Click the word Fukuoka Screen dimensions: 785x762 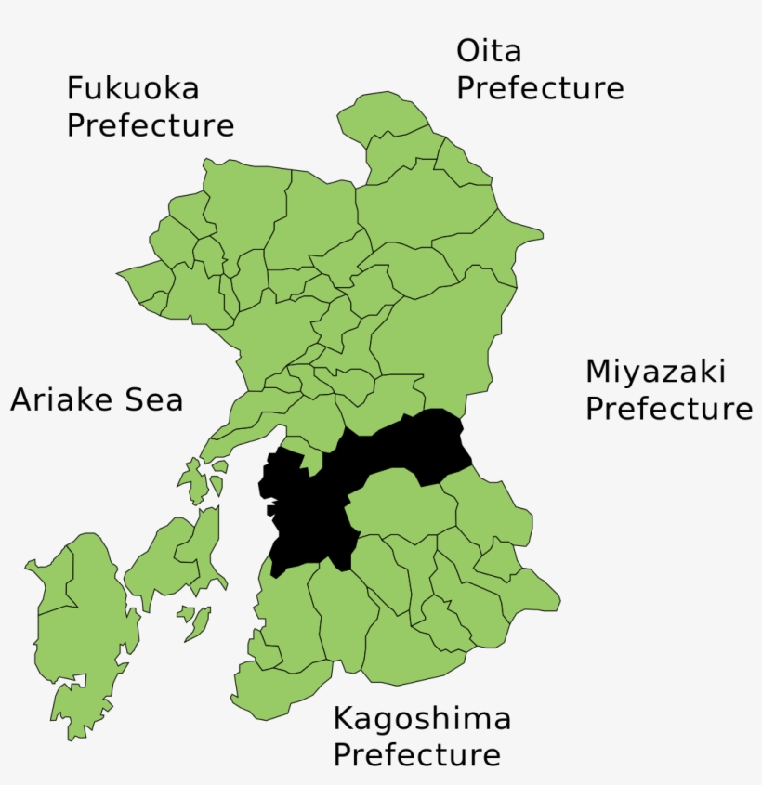pyautogui.click(x=133, y=88)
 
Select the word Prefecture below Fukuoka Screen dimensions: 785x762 pyautogui.click(x=150, y=125)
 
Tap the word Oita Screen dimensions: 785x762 pyautogui.click(x=489, y=51)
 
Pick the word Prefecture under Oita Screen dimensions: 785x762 pyautogui.click(x=539, y=89)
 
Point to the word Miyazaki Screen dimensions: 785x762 pyautogui.click(x=655, y=372)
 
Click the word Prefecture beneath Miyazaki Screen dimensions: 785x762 pyautogui.click(x=668, y=409)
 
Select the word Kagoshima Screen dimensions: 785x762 pyautogui.click(x=422, y=718)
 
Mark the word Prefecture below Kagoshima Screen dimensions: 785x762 pyautogui.click(x=416, y=755)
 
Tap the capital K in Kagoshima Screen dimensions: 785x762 pyautogui.click(x=343, y=718)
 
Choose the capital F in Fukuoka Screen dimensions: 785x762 pyautogui.click(x=75, y=88)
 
